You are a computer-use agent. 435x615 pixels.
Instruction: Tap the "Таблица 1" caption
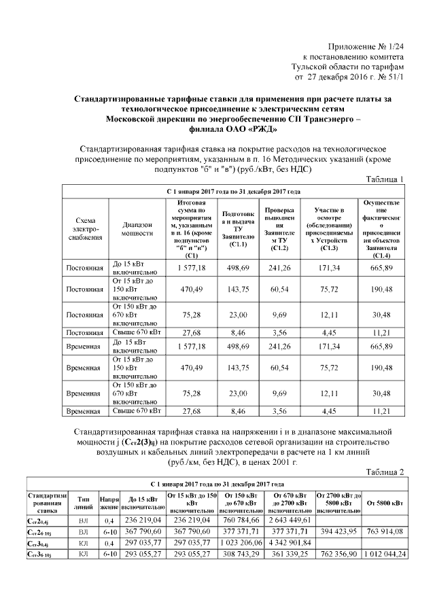click(x=384, y=179)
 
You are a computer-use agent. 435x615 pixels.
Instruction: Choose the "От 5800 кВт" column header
click(x=385, y=503)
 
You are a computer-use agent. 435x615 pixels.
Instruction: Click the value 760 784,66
click(x=241, y=520)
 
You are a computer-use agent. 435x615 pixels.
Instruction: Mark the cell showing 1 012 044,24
click(x=385, y=555)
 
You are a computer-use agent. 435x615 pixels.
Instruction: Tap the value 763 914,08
click(x=385, y=531)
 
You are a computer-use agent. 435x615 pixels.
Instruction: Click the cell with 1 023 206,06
click(x=241, y=543)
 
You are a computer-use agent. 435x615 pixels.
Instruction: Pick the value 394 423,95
click(x=338, y=531)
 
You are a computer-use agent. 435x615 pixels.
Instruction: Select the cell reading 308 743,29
click(x=241, y=555)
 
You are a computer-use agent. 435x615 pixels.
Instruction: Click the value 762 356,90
click(x=338, y=555)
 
